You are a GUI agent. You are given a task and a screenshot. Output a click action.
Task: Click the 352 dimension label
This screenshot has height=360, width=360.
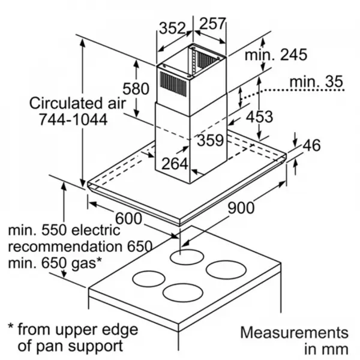[x=172, y=28]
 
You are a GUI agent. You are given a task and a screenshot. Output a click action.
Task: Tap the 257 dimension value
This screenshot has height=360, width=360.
[x=212, y=23]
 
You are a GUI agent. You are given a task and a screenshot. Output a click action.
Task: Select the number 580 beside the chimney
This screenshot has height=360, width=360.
[x=136, y=89]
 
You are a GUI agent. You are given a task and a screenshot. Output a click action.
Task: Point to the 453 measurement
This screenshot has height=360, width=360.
[x=259, y=116]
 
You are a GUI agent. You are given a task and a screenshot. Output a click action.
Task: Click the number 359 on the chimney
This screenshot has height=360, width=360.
[x=210, y=140]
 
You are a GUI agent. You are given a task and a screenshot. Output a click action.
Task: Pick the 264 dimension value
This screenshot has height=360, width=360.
[x=175, y=164]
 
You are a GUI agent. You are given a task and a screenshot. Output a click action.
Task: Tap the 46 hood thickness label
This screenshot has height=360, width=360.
[x=311, y=145]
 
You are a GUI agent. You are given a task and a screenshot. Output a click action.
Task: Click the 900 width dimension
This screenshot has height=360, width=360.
[x=241, y=208]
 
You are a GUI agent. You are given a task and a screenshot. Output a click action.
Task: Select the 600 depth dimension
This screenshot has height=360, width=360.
[x=128, y=218]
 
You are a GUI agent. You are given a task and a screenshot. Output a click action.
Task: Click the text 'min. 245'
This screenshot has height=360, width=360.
[x=276, y=55]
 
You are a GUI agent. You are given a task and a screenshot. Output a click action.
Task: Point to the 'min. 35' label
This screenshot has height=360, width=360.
[x=316, y=81]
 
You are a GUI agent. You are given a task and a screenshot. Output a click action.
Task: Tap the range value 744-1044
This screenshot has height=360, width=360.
[x=73, y=119]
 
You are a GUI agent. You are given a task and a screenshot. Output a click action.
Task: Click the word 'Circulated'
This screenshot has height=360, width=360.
[x=65, y=103]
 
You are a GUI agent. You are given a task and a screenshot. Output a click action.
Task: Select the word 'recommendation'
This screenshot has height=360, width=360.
[x=65, y=247]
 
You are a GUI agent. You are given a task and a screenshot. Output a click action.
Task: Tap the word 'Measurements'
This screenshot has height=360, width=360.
[x=295, y=332]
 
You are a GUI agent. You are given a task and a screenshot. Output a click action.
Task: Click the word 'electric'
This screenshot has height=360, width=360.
[x=96, y=230]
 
